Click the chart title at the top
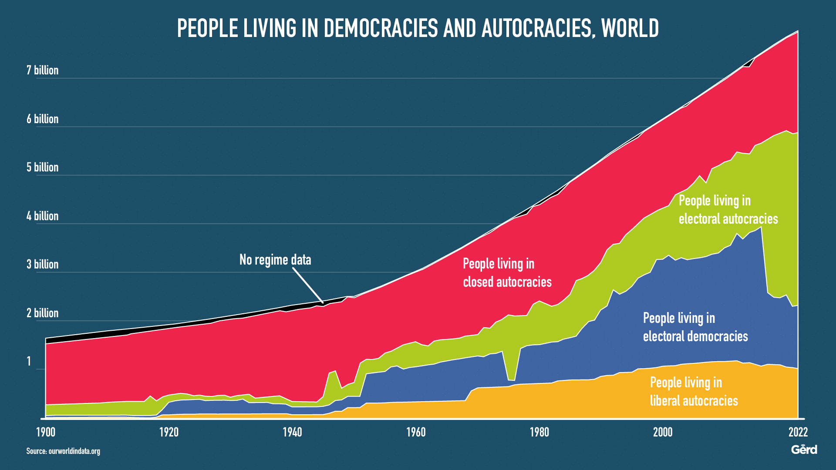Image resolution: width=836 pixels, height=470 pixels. [418, 28]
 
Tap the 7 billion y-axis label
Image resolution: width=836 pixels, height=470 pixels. [43, 70]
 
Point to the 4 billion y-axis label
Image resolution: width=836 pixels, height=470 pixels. [43, 216]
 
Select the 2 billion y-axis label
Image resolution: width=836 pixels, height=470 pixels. [43, 313]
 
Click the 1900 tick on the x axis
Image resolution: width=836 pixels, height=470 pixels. [45, 432]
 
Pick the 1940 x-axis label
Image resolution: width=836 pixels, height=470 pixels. [292, 432]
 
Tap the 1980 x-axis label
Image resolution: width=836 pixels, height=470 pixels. [539, 432]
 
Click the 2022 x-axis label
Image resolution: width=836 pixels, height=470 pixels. [798, 432]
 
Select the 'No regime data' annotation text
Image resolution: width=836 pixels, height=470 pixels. [275, 260]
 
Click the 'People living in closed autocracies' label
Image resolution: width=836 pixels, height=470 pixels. [507, 273]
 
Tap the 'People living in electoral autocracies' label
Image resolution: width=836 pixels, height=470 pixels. [728, 210]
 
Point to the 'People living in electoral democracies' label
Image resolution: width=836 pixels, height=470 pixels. [695, 327]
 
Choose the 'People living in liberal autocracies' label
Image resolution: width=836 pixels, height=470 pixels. [694, 392]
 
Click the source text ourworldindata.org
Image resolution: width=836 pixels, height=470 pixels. [63, 451]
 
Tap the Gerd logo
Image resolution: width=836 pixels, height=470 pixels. [804, 450]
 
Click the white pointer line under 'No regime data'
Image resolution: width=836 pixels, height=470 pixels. [307, 285]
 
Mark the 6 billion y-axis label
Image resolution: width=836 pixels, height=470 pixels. [43, 119]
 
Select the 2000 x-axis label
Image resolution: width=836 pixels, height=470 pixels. [663, 432]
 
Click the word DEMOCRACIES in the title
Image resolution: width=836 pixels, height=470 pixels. [381, 28]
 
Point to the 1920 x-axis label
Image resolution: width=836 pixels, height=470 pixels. [169, 432]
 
